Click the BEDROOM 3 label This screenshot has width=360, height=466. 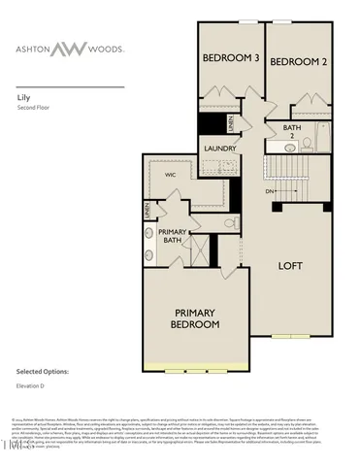coord(231,58)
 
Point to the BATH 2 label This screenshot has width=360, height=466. coord(292,131)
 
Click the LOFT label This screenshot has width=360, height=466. coord(294,264)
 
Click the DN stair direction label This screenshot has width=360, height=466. coord(270,191)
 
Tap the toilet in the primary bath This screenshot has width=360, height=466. coord(150,234)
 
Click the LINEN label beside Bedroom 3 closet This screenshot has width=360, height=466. coord(231,123)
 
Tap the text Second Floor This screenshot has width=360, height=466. coord(35,108)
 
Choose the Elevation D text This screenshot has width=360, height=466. coord(33,387)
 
